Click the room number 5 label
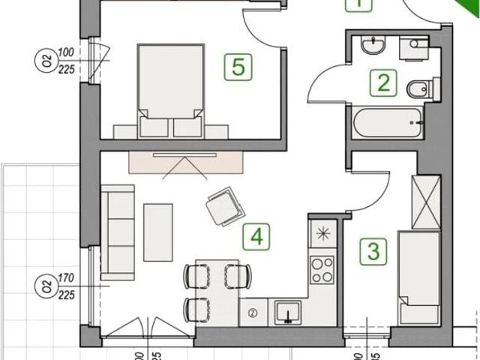238,67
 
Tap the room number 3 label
370,250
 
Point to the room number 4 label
256,238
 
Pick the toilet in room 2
417,91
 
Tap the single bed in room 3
418,277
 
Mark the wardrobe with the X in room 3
427,202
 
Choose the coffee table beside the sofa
158,232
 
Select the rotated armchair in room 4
225,205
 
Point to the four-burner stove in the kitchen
322,270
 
